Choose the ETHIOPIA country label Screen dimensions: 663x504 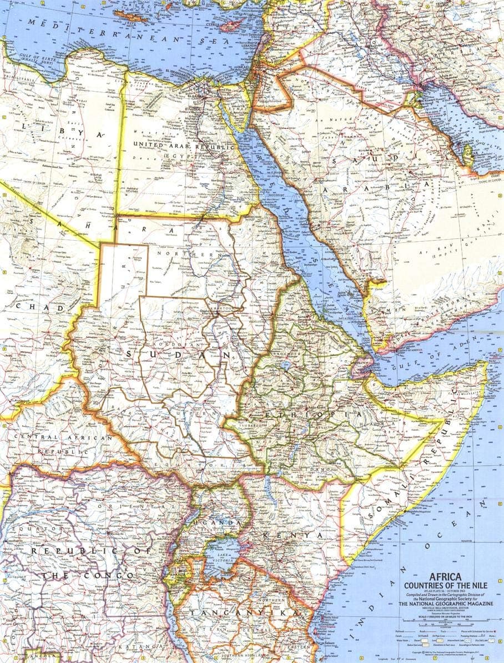pos(311,415)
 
